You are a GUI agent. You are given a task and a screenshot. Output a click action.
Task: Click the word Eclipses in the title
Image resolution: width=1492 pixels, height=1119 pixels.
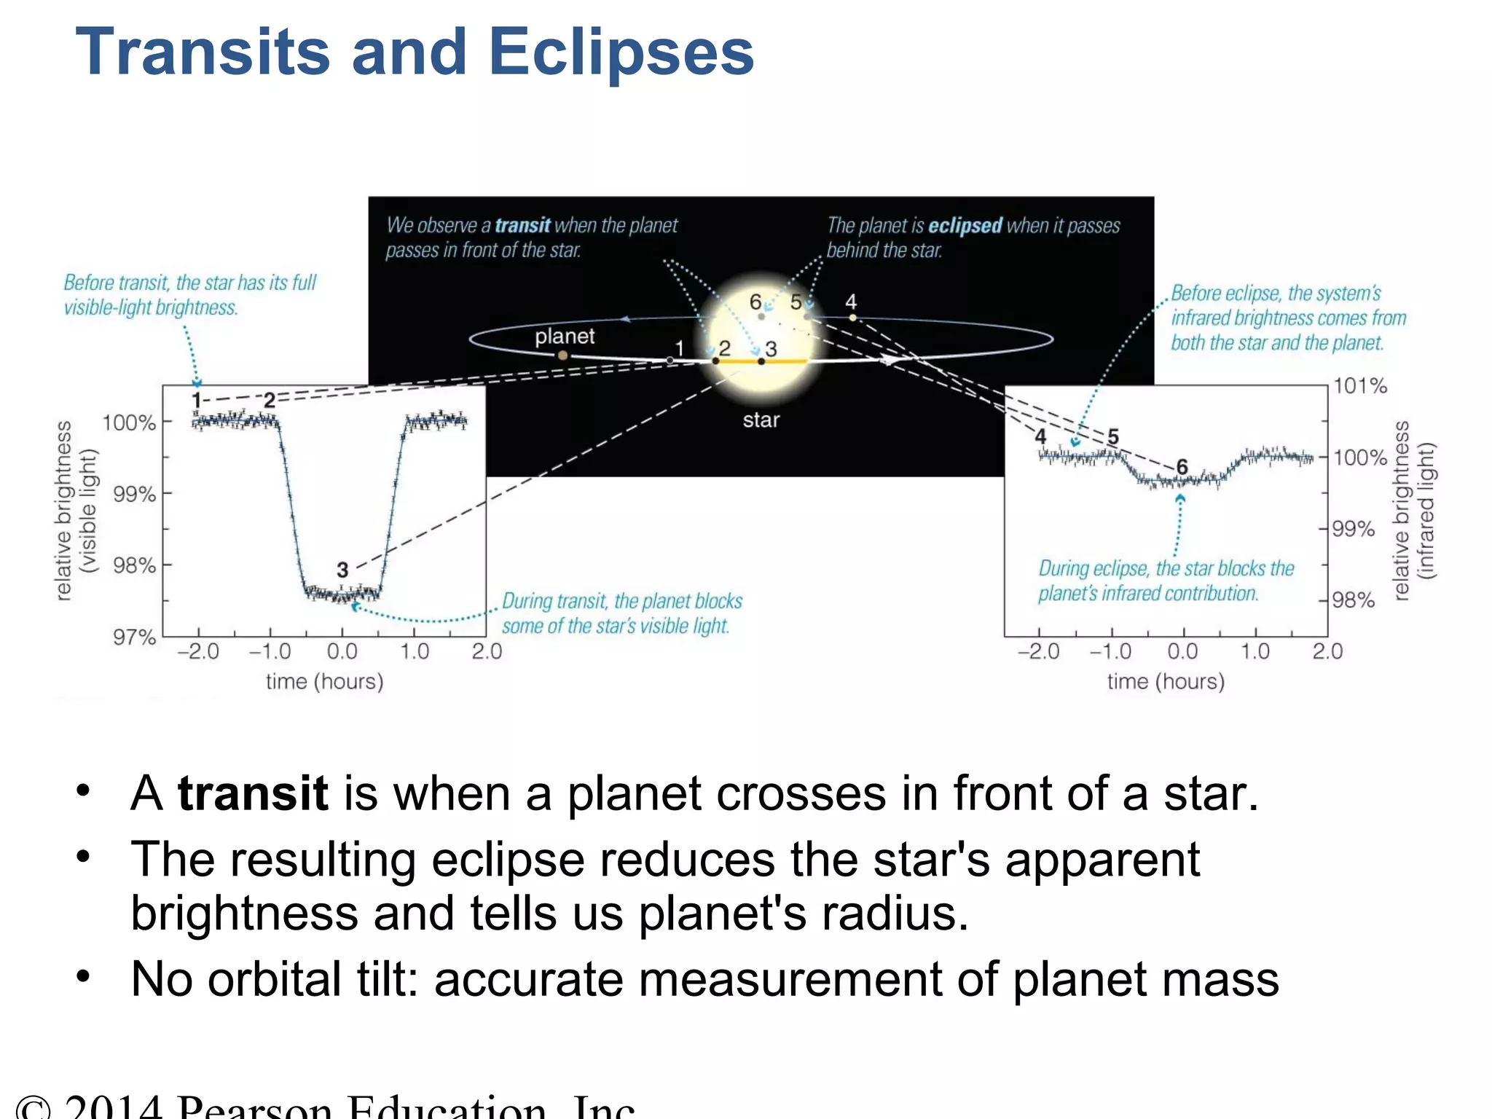[x=621, y=52]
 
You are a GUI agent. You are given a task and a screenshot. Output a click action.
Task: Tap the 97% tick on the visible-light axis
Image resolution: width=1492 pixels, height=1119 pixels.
[x=134, y=637]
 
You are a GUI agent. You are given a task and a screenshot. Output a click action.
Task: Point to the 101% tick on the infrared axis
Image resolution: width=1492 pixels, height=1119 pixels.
[x=1359, y=385]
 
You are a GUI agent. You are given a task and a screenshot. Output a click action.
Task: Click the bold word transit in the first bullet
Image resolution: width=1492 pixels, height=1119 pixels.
[x=253, y=793]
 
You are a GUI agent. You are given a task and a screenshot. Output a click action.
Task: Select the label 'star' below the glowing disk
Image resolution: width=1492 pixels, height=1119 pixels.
[x=761, y=420]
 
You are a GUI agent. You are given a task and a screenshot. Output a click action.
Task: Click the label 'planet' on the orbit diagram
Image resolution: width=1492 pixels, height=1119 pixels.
[x=565, y=336]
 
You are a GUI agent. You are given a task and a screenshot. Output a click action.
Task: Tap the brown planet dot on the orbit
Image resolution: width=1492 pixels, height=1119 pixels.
[x=562, y=356]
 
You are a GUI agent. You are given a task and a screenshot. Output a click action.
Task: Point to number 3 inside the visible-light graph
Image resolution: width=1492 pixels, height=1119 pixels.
[x=342, y=570]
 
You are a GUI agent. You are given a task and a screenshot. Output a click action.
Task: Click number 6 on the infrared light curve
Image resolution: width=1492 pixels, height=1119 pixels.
[x=1182, y=466]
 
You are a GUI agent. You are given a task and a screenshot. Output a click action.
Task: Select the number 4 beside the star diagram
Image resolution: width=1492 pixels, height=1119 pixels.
[x=851, y=302]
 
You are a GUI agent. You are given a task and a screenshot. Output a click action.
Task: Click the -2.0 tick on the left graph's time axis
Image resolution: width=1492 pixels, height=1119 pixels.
[x=198, y=651]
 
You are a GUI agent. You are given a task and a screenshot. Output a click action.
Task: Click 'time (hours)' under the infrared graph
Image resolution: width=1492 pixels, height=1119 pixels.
[x=1166, y=681]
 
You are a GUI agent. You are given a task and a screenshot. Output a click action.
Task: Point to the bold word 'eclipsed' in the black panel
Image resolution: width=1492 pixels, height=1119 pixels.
[x=965, y=226]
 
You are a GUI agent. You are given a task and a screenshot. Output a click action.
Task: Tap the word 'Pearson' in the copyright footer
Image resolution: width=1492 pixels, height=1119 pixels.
[x=255, y=1107]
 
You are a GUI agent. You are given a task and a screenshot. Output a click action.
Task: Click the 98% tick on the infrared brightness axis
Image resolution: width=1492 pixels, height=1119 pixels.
[x=1353, y=600]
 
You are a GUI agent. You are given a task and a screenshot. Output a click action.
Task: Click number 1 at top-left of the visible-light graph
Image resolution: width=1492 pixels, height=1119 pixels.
[x=196, y=400]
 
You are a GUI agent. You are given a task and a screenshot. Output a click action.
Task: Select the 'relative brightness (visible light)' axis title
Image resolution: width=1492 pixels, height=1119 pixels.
[x=75, y=510]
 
